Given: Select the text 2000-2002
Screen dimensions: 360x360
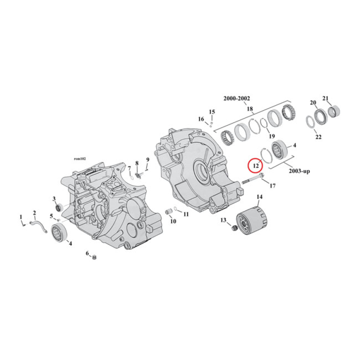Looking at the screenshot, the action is [x=237, y=99].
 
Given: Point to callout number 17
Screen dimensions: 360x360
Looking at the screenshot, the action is [x=272, y=185].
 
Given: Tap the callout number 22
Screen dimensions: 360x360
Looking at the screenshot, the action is [x=318, y=137].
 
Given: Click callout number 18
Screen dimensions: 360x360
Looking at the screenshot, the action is [x=250, y=108].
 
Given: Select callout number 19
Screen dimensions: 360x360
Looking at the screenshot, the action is [x=271, y=136].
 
